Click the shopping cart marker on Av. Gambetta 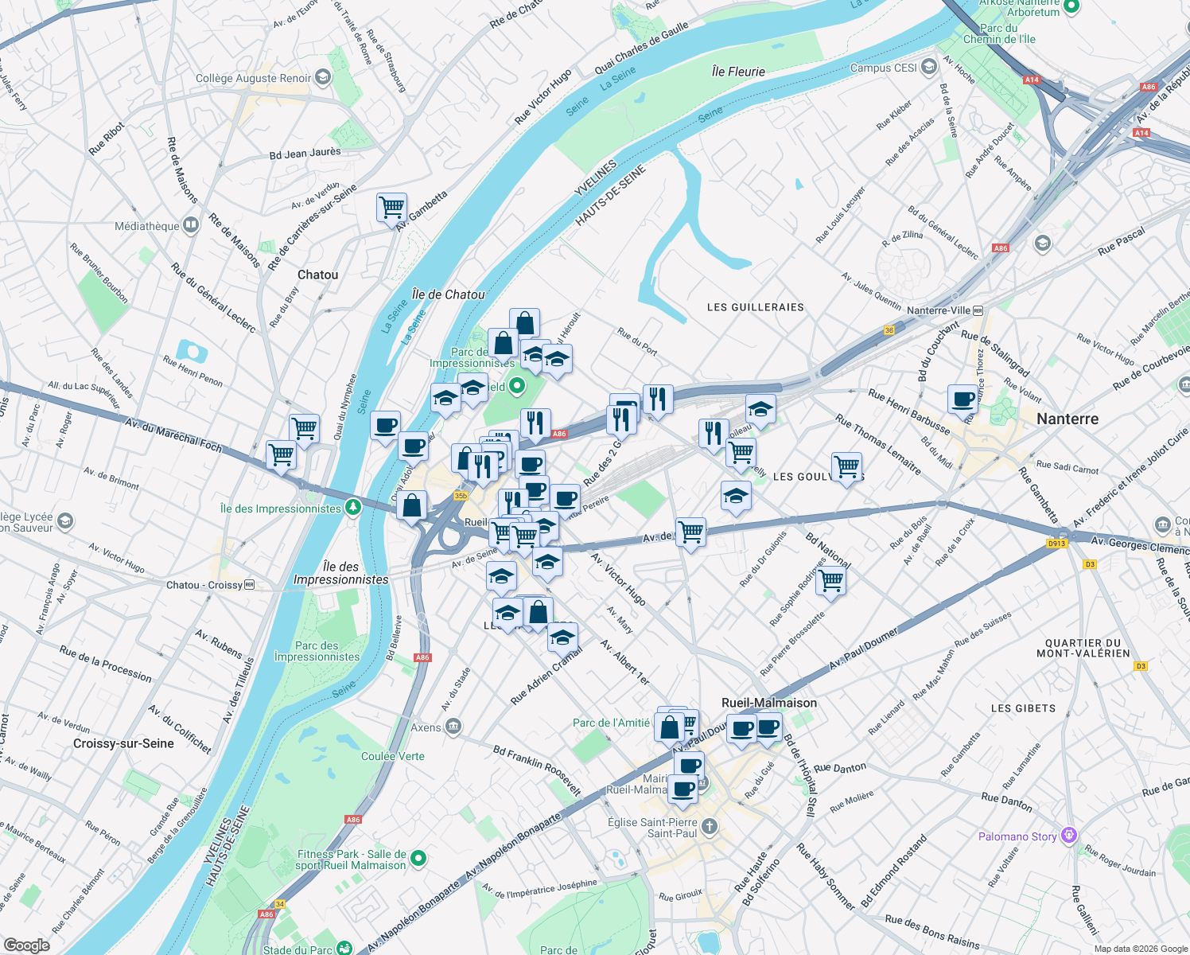[391, 209]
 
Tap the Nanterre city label [1067, 419]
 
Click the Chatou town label [317, 275]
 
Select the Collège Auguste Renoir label [254, 78]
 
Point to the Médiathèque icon [191, 226]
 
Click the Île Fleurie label [738, 72]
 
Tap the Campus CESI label [883, 68]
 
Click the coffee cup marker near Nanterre [962, 399]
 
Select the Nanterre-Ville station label [939, 310]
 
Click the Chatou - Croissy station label [204, 585]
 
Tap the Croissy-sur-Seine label [123, 743]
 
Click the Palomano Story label [1017, 836]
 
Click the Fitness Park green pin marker [418, 859]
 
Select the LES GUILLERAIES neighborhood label [755, 307]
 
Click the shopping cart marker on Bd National [830, 581]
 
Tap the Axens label [426, 727]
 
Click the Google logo [26, 945]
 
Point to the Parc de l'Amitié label [611, 723]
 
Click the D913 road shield [1056, 544]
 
